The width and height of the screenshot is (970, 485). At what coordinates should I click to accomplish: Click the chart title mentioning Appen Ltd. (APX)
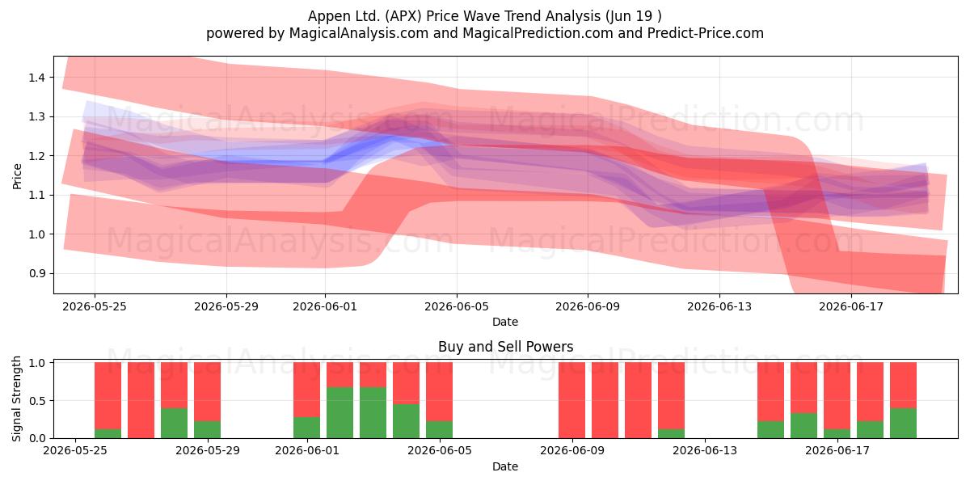(x=484, y=16)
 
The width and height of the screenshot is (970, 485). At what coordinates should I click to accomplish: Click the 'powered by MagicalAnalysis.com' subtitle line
(x=484, y=33)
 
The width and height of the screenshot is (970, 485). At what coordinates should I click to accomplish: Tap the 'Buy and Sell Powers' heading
(x=505, y=347)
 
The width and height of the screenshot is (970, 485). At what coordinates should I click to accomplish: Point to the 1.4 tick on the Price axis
(x=36, y=78)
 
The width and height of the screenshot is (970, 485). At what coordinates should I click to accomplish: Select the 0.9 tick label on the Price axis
(x=36, y=274)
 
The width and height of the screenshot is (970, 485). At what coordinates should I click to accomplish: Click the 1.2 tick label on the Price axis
(x=36, y=156)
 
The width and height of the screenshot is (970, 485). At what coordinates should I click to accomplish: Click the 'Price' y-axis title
(x=17, y=176)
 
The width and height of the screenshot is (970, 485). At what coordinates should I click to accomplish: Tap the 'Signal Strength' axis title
(x=16, y=399)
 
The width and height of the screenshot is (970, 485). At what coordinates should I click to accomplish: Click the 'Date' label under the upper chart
(x=505, y=322)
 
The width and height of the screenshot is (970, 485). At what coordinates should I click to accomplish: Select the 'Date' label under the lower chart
(x=505, y=466)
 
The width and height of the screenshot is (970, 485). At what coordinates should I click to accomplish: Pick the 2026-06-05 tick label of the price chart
(x=457, y=306)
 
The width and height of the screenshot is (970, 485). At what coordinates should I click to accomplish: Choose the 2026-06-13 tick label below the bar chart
(x=705, y=451)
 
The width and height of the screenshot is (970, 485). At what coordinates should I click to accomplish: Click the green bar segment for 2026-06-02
(x=340, y=413)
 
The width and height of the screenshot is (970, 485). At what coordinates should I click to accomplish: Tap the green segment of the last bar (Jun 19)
(x=904, y=423)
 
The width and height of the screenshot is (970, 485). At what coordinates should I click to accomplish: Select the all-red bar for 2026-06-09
(x=571, y=401)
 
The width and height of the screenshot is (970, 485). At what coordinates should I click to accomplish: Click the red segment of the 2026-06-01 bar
(x=306, y=390)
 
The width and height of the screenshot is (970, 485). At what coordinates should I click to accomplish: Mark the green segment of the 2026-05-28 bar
(x=174, y=423)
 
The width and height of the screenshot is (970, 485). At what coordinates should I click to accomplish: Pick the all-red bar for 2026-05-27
(x=141, y=401)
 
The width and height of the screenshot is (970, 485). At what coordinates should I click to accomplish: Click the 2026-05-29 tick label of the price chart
(x=226, y=306)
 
